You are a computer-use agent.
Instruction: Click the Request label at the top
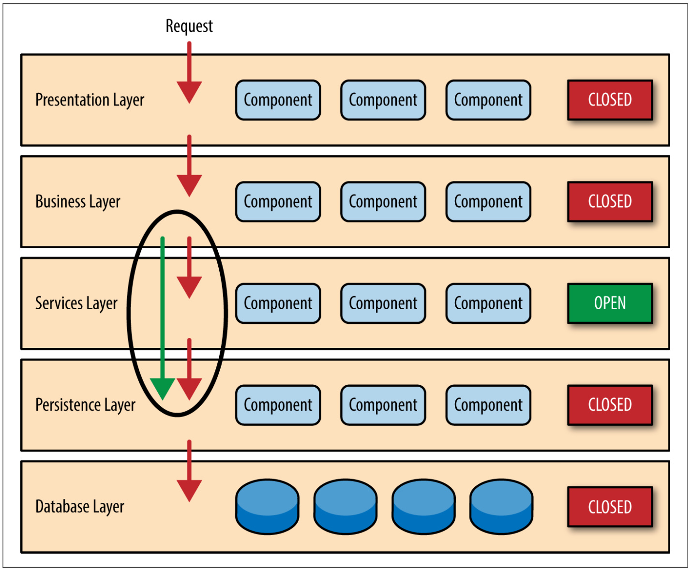(189, 26)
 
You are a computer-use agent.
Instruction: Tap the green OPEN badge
(610, 303)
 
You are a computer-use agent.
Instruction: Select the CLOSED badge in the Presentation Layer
(610, 100)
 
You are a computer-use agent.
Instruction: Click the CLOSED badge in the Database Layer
(610, 507)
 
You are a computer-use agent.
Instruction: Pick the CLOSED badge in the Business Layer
(610, 201)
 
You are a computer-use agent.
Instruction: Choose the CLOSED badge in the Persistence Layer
(610, 405)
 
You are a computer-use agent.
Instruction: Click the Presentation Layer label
(90, 100)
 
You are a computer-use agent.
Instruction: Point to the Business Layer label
(78, 202)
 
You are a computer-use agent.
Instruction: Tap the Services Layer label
(76, 303)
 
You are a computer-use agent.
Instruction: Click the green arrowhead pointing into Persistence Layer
(163, 389)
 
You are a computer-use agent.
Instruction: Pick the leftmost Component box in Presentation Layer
(278, 100)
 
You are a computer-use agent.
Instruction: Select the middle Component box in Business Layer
(383, 201)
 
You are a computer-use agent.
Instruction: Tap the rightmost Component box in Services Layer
(488, 303)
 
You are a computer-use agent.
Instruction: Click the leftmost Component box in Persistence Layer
(278, 405)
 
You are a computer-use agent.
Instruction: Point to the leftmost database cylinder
(268, 506)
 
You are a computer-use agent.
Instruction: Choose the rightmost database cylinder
(501, 506)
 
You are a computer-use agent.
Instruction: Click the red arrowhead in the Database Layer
(189, 491)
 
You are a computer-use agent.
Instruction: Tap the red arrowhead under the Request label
(189, 92)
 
